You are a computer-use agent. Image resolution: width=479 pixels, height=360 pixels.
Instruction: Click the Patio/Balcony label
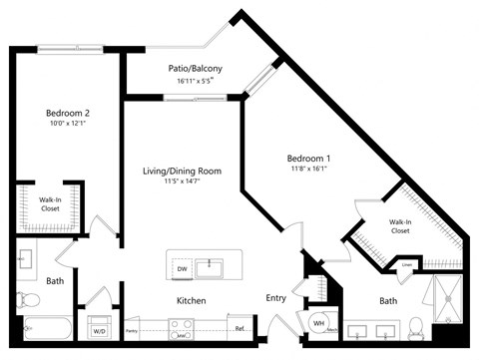(195, 68)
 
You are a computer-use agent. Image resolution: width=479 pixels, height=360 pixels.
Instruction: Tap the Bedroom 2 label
(68, 114)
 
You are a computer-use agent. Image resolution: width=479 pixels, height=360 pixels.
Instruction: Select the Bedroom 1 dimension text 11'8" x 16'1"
(308, 170)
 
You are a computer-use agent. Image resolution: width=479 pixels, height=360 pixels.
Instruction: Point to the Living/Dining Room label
(182, 171)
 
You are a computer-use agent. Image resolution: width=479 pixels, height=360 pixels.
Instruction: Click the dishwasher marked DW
(181, 268)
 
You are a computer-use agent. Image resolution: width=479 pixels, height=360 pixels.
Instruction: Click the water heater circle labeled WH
(319, 322)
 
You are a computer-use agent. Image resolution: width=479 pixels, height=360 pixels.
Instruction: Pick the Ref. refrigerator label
(239, 327)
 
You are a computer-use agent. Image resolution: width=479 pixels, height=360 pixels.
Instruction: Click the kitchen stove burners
(182, 326)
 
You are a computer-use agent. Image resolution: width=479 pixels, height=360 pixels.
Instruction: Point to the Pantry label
(132, 327)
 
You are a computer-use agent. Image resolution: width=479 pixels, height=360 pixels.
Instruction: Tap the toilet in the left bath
(27, 299)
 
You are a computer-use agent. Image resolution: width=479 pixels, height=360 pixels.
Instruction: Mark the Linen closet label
(407, 265)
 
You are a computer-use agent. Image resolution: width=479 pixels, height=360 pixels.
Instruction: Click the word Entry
(276, 298)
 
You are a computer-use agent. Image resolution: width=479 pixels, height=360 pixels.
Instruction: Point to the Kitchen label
(192, 299)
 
